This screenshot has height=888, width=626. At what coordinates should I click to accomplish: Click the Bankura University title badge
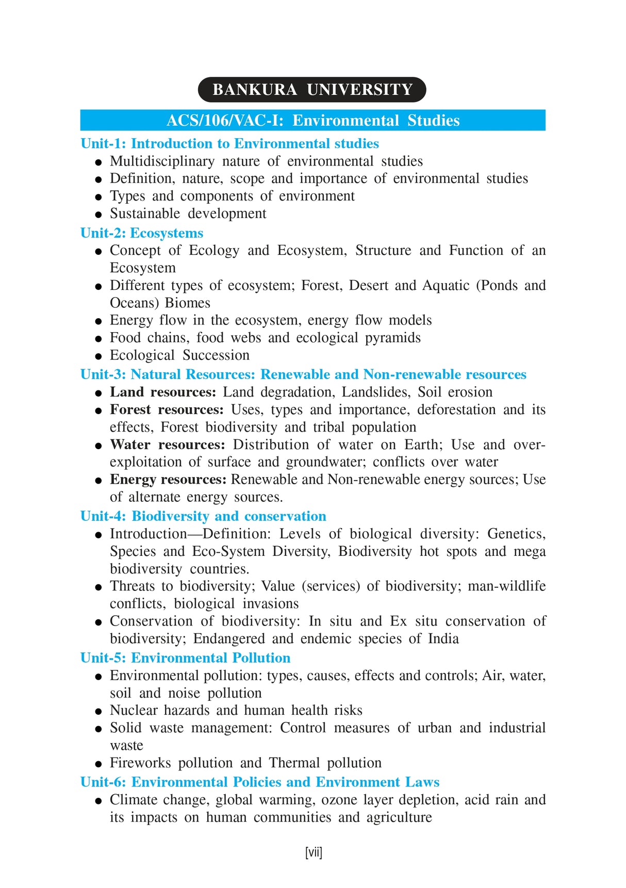tap(312, 90)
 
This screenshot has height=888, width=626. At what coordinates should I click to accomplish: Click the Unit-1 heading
tap(229, 143)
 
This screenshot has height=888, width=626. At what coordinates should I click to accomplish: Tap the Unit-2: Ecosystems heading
tap(142, 233)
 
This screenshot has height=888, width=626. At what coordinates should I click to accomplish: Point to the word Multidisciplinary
tap(162, 161)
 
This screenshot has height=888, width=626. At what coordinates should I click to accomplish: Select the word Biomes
tap(188, 303)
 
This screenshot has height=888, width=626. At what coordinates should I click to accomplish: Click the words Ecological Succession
tap(179, 355)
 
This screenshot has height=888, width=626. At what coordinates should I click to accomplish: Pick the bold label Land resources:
tap(163, 392)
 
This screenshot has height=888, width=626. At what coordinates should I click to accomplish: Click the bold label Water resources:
tap(168, 445)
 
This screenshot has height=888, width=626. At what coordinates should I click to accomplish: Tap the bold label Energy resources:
tap(168, 480)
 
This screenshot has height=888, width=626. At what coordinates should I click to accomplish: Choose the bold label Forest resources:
tap(167, 409)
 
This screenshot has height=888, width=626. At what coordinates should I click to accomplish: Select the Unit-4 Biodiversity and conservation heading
tap(203, 516)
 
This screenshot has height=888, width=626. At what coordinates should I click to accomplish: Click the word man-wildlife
tap(506, 586)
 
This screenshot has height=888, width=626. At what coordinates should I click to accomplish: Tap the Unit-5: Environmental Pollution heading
tap(185, 658)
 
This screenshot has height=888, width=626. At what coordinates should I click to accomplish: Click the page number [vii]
tap(314, 852)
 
